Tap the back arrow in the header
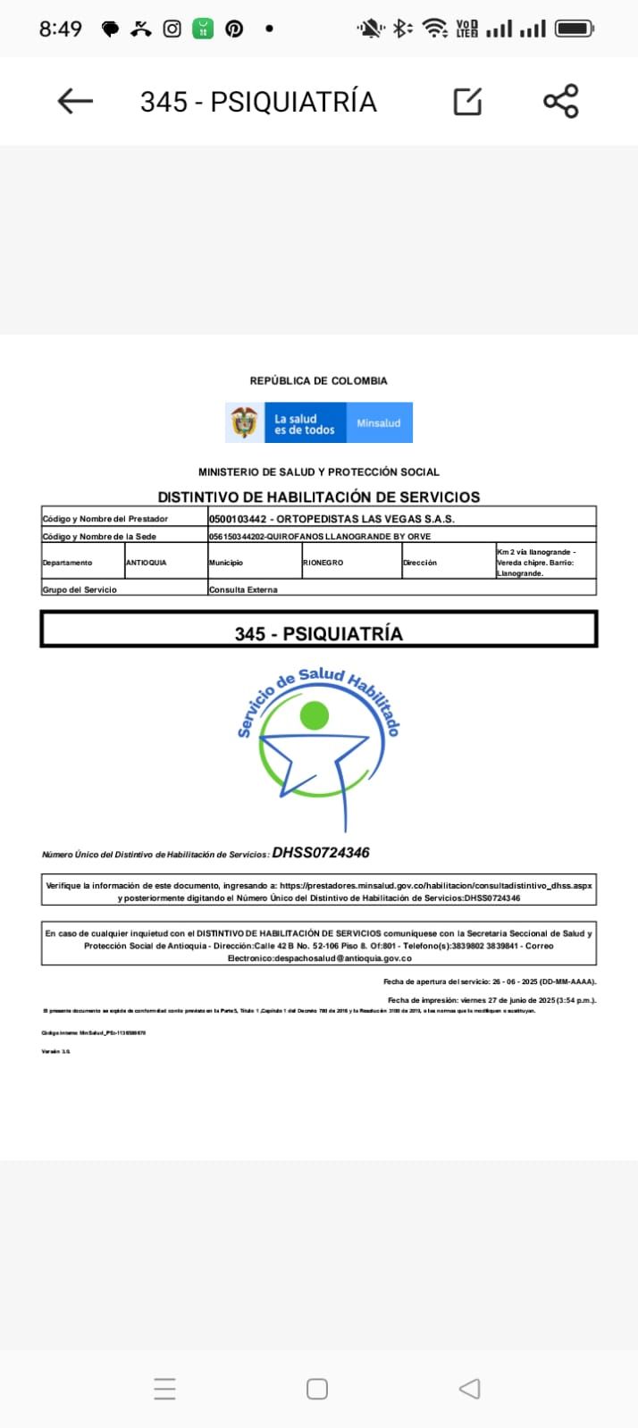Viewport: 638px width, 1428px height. [x=75, y=102]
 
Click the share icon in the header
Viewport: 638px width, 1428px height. [x=561, y=102]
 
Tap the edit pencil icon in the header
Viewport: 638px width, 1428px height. [x=467, y=102]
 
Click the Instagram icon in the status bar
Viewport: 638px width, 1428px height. [x=172, y=29]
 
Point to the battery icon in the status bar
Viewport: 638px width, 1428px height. [x=575, y=29]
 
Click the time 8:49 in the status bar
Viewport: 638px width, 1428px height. [x=60, y=29]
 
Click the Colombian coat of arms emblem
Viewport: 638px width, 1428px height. [x=244, y=422]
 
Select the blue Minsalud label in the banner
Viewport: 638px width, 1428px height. [x=378, y=423]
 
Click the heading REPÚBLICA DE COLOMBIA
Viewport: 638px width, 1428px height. [x=318, y=380]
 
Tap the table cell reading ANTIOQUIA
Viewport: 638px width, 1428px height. [x=147, y=563]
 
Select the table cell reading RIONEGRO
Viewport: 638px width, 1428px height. [x=323, y=563]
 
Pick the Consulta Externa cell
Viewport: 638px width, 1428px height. [x=243, y=589]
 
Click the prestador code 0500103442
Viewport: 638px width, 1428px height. [x=237, y=519]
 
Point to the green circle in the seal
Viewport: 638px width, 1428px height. [x=315, y=715]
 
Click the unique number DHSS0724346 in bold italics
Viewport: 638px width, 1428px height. [x=321, y=853]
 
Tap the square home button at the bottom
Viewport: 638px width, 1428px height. [x=317, y=1389]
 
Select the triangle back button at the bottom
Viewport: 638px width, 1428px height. [x=469, y=1389]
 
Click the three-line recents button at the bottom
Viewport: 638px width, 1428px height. [x=164, y=1389]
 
